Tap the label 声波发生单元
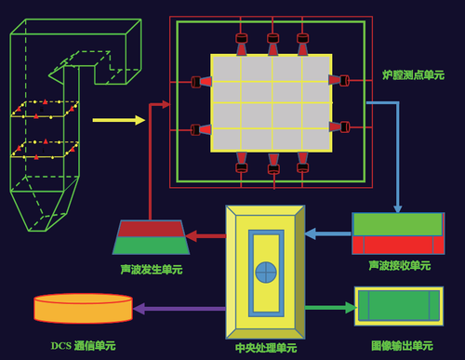pos(152,270)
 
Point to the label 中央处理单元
pos(266,348)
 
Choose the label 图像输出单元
pos(402,346)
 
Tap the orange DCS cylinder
pos(83,309)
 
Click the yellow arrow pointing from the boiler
pos(118,120)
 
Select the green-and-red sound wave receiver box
pos(398,233)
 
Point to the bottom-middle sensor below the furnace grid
pos(273,165)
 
